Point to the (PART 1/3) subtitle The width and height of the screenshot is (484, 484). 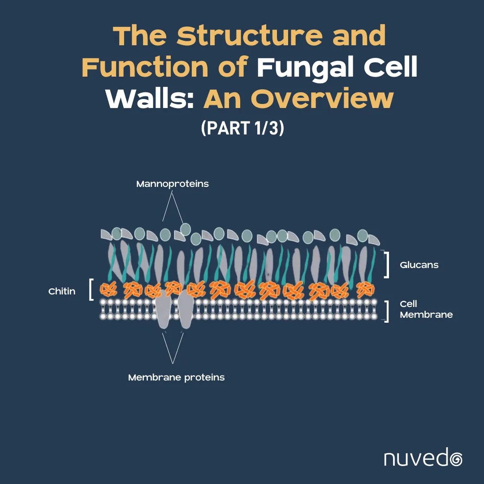point(242,128)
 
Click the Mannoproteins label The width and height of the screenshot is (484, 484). point(173,184)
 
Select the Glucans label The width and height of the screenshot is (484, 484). point(419,265)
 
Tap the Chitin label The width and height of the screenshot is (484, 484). point(62,292)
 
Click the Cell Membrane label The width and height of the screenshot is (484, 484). point(426,309)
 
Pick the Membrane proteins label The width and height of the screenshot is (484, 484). point(176,377)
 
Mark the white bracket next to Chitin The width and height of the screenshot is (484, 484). point(91,290)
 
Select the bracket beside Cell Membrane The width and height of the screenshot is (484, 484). point(386,311)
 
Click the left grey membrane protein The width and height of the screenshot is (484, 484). point(164,311)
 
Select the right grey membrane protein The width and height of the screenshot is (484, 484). point(185,309)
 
